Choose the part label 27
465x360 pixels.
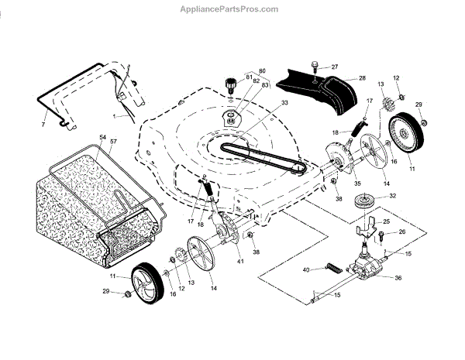click(x=335, y=67)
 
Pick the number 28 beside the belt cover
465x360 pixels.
click(x=362, y=78)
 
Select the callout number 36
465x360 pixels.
click(x=398, y=278)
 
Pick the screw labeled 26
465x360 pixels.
click(x=384, y=233)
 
